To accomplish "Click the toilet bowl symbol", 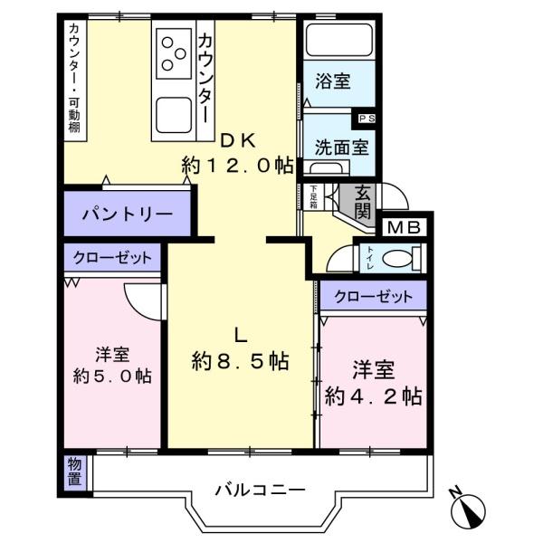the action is point(398,258).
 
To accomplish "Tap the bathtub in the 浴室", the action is point(339,39).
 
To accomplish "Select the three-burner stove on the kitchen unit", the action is point(174,53).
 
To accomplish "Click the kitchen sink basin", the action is point(174,115).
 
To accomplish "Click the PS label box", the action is point(366,119).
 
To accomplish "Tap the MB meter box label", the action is point(404,227).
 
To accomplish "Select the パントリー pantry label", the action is point(128,214).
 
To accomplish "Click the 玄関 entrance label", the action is point(363,202).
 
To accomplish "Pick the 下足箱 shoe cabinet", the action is point(313,196).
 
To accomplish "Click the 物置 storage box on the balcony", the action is point(75,472).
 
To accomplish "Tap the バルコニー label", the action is point(260,490).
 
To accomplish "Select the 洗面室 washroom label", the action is point(342,148).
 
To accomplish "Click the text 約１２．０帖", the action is point(237,166).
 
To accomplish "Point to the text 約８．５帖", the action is point(241,361).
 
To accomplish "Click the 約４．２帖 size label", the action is point(373,396).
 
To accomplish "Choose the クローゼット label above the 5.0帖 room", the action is point(112,258).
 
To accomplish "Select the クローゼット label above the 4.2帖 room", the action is point(373,297).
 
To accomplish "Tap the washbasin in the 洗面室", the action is point(326,168).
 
